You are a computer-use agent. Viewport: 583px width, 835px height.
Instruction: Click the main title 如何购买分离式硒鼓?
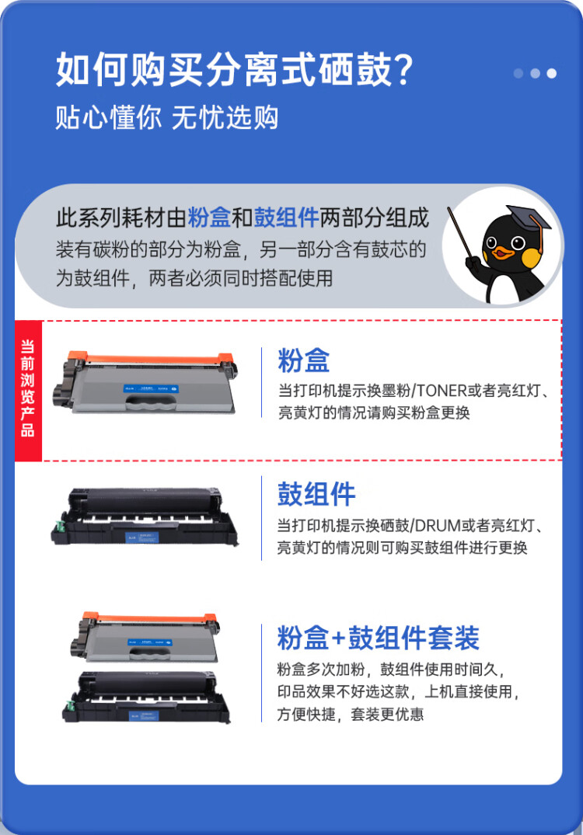point(233,71)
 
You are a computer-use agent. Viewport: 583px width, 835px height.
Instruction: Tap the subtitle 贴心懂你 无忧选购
point(166,118)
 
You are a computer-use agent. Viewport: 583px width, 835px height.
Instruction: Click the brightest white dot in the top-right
point(551,74)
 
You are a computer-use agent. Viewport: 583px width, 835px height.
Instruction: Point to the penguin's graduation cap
point(527,217)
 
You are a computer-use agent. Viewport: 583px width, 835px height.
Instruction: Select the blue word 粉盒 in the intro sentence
point(209,218)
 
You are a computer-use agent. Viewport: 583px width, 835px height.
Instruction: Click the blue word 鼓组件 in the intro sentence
point(287,218)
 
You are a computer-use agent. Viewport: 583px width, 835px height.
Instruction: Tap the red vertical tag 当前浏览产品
point(28,389)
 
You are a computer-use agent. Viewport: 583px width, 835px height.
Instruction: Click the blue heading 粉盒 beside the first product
point(304,360)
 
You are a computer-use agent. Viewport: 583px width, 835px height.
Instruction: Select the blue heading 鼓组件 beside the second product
point(316,494)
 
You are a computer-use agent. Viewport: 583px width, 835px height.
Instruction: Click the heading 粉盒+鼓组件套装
point(378,638)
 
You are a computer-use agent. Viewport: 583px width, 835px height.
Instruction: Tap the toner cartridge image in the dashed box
point(145,384)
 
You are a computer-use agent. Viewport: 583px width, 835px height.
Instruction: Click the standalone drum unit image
point(145,517)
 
